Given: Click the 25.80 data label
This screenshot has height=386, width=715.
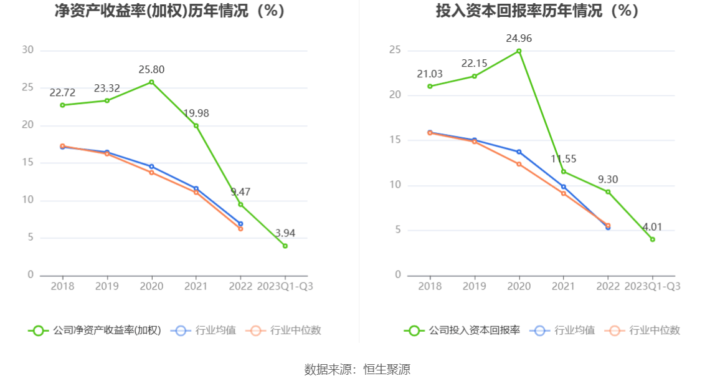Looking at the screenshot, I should [x=151, y=70].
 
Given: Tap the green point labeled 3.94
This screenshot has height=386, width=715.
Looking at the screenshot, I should [x=285, y=246].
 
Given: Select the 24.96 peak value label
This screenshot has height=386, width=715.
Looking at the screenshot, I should [x=519, y=39].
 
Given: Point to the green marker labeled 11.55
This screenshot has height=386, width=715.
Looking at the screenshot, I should [x=564, y=171].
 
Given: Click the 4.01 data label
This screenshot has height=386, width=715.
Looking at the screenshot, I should [x=652, y=227].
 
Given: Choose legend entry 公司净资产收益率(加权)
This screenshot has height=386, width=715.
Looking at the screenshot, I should [x=95, y=331].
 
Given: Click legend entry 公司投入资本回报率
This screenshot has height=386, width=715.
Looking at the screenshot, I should [x=462, y=331].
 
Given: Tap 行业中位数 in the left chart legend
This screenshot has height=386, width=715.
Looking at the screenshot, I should [x=284, y=331].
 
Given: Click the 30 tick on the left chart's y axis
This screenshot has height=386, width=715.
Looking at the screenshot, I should [x=27, y=50].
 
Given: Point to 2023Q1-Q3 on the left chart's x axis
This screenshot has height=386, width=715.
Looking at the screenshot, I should [x=285, y=286].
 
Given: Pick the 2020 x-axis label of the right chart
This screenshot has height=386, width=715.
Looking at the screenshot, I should [x=519, y=286].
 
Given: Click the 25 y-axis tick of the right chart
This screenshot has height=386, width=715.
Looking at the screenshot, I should [x=395, y=50].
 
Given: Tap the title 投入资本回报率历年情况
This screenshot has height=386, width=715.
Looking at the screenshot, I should [x=537, y=11].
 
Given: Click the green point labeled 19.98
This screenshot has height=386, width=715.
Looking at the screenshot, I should [x=196, y=125].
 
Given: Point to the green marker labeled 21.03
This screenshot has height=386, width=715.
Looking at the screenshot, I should [x=430, y=86].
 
